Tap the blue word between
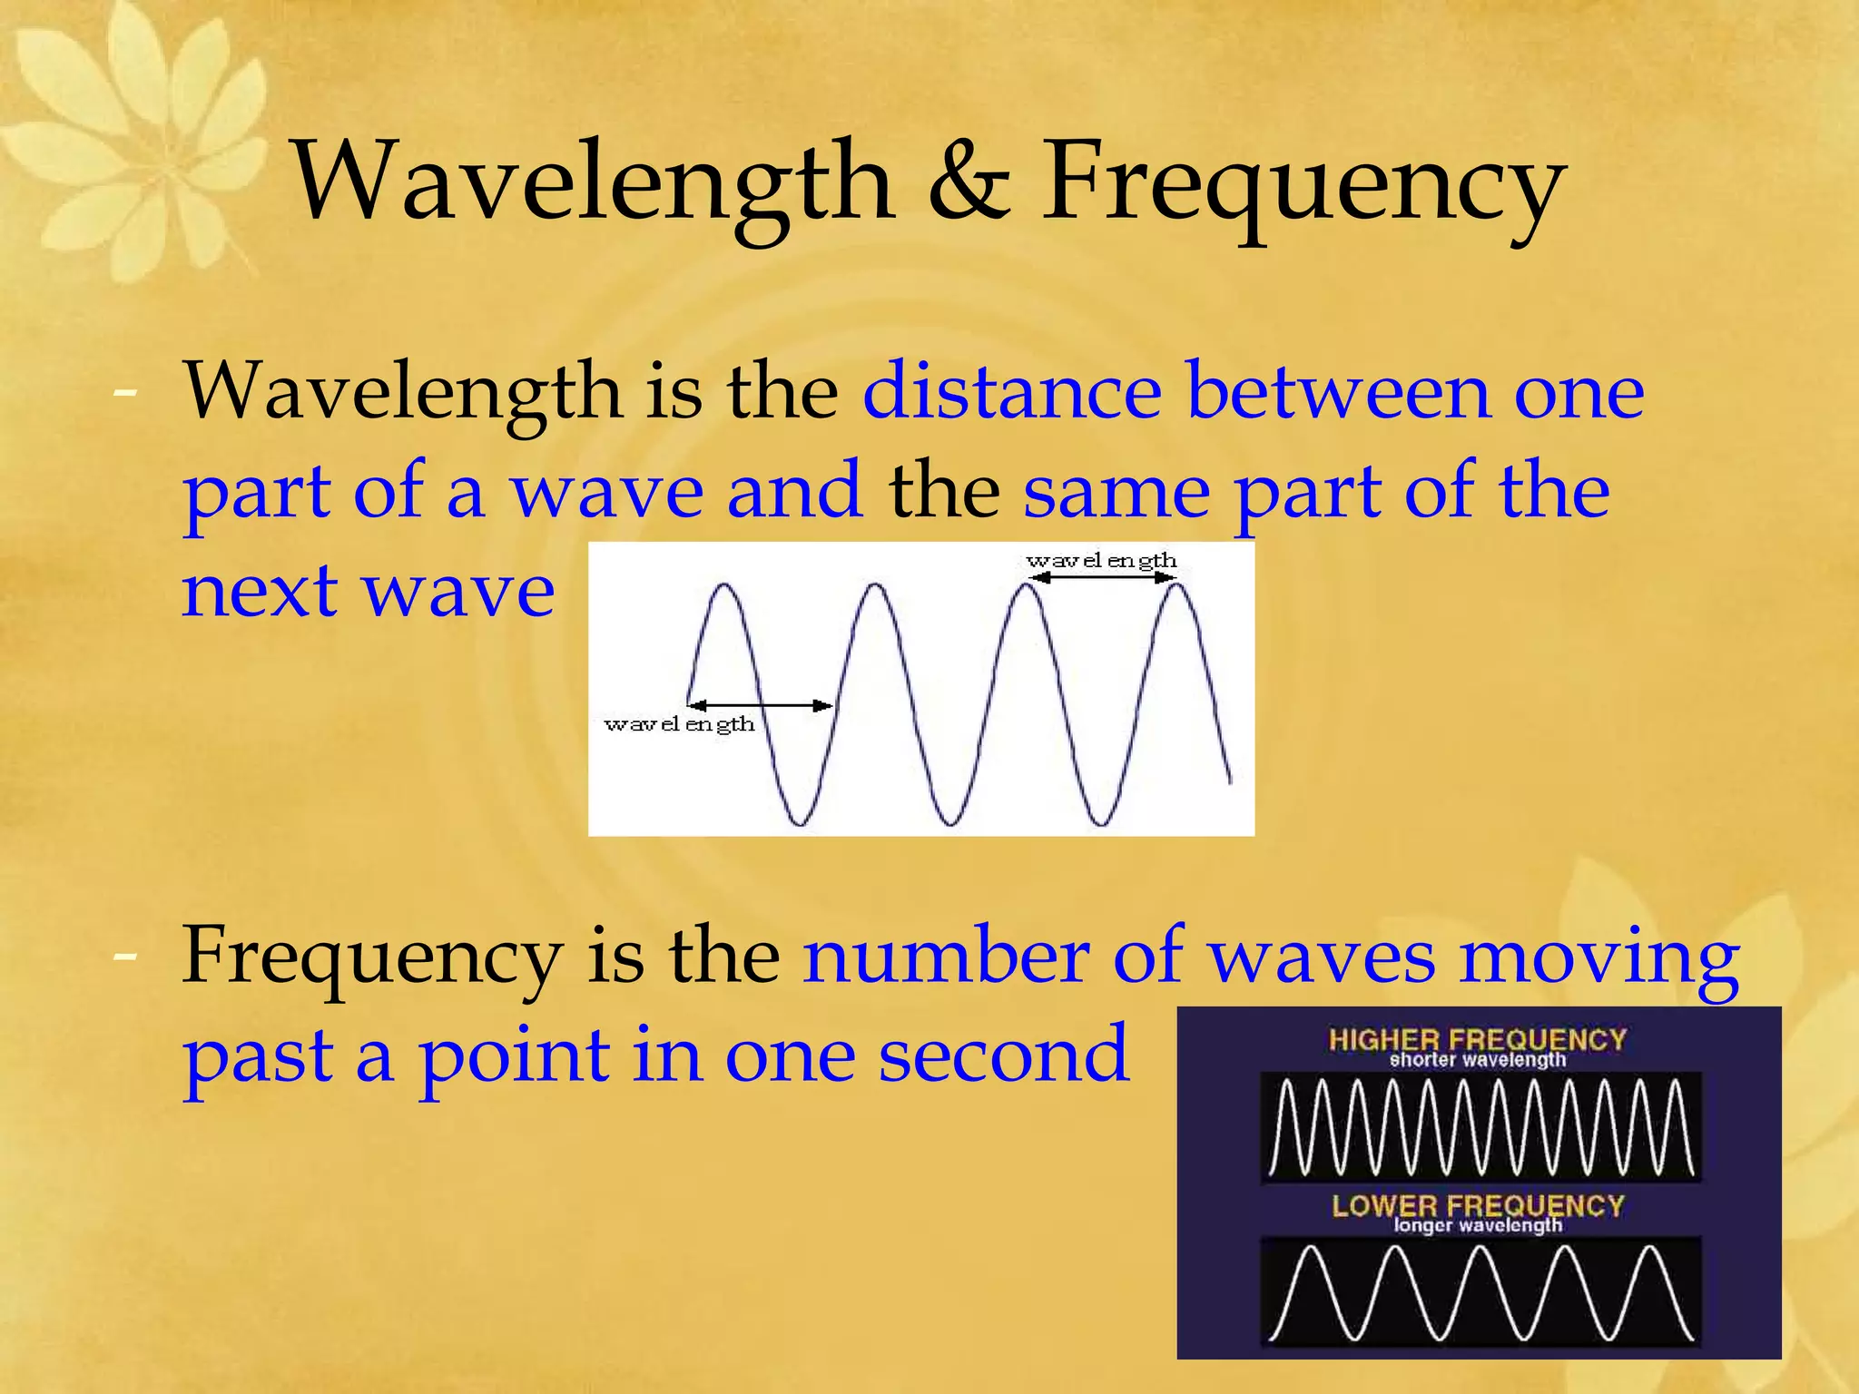click(1339, 392)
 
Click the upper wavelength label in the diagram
click(1101, 561)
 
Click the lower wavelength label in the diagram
click(679, 724)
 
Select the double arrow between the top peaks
click(1102, 578)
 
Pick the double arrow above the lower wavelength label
click(760, 705)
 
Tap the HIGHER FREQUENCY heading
click(1477, 1038)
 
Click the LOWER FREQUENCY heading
click(1477, 1204)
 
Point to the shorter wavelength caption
click(1477, 1060)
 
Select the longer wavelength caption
click(1477, 1226)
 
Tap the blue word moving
click(1598, 958)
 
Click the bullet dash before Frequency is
click(125, 956)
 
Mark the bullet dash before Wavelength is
click(125, 393)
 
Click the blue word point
click(514, 1057)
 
